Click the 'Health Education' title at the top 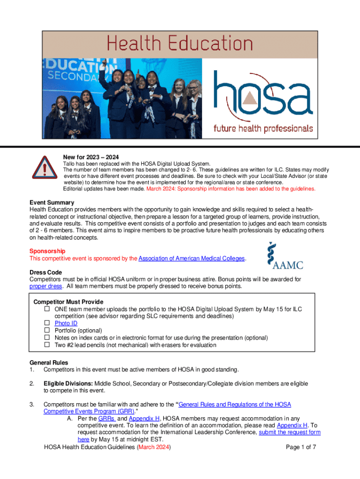[180, 44]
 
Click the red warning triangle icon [45, 168]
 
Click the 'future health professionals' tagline [263, 128]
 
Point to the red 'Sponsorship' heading [47, 251]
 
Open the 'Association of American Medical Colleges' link [192, 258]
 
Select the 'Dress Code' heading [46, 272]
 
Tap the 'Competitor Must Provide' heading [68, 302]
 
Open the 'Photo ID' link [66, 323]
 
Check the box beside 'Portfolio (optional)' [47, 330]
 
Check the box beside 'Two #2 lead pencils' [47, 345]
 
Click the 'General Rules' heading [49, 363]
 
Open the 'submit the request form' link [290, 433]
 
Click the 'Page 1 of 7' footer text [301, 447]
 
